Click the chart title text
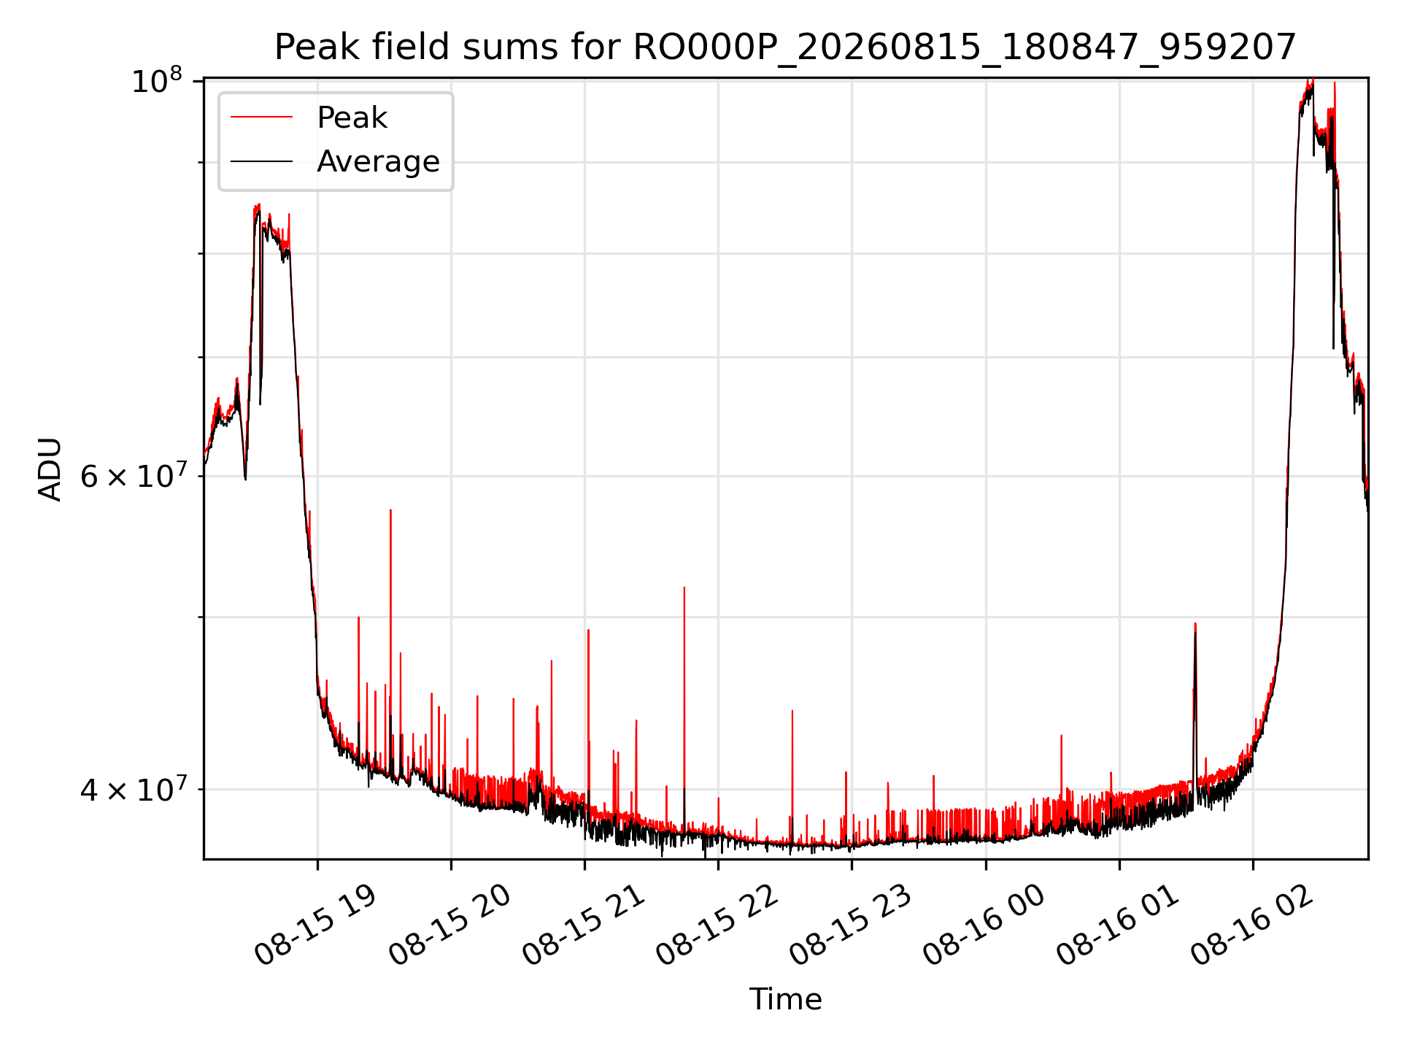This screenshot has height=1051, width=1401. (x=785, y=47)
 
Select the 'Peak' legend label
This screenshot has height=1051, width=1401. (x=352, y=118)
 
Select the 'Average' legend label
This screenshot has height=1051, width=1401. (x=378, y=161)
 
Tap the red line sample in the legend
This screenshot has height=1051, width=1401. (x=262, y=117)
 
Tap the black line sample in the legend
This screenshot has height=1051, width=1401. (x=262, y=161)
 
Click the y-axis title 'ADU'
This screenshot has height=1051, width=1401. (x=50, y=469)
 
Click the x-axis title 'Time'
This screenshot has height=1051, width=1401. (x=785, y=999)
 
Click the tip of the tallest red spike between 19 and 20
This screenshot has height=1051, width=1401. (x=390, y=509)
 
